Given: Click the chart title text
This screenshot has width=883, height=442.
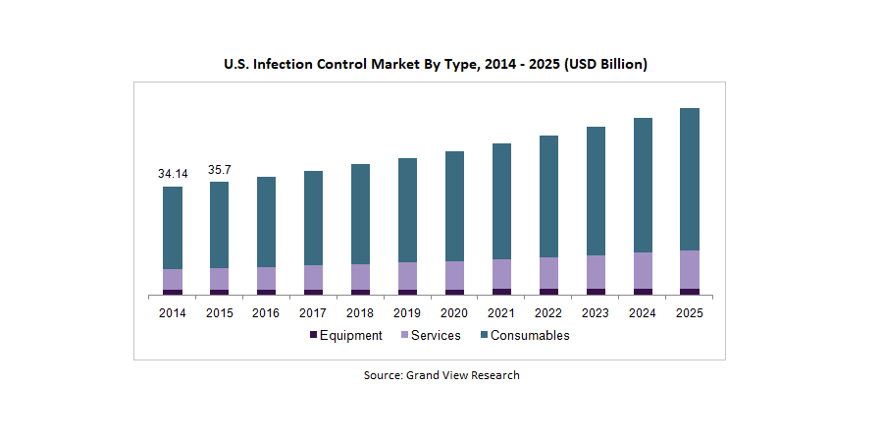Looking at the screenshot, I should (436, 64).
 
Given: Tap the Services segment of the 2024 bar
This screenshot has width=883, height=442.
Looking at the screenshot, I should (643, 270).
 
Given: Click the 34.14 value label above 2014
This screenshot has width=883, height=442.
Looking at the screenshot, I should (173, 174).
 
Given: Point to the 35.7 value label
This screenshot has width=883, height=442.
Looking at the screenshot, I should (220, 169).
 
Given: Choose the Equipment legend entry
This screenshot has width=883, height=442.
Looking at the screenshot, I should (345, 335).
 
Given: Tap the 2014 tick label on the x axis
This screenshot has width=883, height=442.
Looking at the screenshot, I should (173, 312).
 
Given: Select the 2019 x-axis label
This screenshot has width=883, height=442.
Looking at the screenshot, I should (407, 312).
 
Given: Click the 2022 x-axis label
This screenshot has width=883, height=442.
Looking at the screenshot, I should (548, 312).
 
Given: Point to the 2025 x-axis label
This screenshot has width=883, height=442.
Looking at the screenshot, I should (690, 312).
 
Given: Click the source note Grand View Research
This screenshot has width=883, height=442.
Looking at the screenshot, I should (441, 375).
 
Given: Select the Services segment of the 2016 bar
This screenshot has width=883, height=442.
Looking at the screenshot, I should (267, 278).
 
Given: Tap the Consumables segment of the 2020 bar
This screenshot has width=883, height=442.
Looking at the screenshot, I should (454, 206).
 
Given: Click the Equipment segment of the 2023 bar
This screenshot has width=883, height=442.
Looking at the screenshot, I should (596, 291).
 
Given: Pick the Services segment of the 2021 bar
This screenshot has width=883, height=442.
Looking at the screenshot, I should (501, 274).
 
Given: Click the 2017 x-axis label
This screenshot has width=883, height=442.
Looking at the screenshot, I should (313, 312).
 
